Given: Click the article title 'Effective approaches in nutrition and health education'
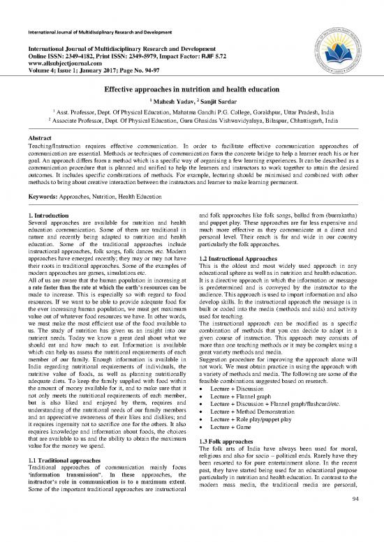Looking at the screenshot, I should click(192, 90).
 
